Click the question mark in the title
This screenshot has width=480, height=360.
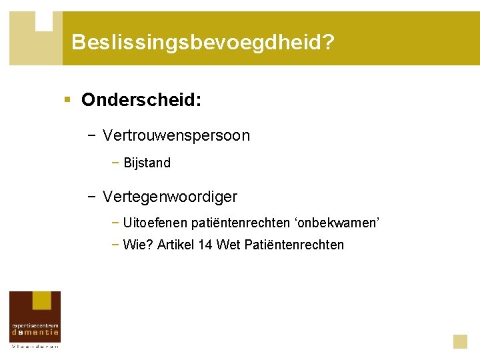point(329,43)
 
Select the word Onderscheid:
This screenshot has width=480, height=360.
point(141,100)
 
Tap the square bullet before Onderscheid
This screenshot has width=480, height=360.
point(67,100)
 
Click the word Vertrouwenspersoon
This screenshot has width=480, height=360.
point(177,136)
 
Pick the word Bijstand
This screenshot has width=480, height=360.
point(147,163)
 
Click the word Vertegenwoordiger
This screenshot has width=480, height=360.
point(170,197)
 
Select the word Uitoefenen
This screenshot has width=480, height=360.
point(155,223)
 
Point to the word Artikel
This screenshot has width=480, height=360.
point(176,245)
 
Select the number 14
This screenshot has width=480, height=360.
point(205,245)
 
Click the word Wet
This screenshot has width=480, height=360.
point(229,245)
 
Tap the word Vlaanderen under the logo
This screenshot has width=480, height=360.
point(35,346)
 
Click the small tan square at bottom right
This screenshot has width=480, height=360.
point(460,341)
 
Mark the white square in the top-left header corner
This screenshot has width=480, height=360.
point(44,21)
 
